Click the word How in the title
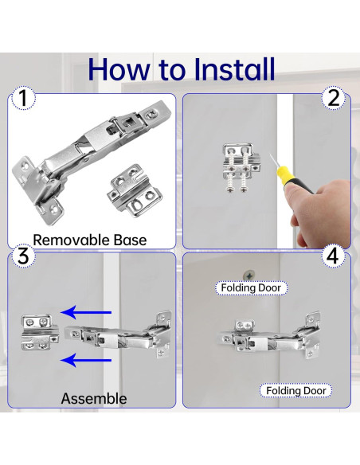(119, 70)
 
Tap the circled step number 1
(23, 98)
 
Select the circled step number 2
(334, 98)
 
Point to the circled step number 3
(23, 256)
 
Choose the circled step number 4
(333, 256)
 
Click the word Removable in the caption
(71, 240)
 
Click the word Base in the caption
(130, 240)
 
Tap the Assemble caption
(94, 399)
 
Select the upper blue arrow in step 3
(86, 312)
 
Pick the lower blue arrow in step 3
(86, 361)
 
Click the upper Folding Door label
(251, 287)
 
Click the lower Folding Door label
(296, 391)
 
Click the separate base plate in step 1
(134, 191)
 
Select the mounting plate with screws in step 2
(241, 168)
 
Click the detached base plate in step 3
(40, 333)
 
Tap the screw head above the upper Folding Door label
(249, 275)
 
